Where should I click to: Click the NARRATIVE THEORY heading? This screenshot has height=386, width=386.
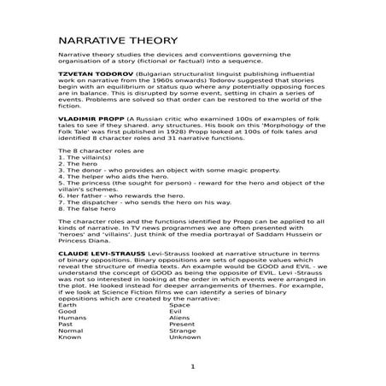[118, 41]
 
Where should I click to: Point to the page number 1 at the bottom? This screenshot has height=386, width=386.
[193, 366]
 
